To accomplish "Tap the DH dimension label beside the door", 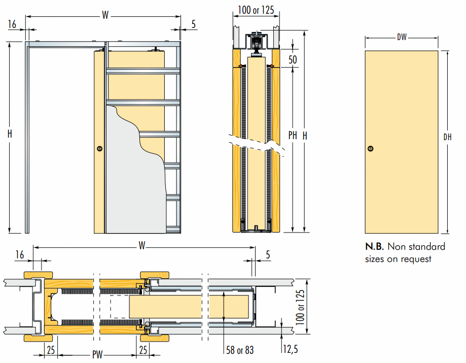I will [447, 137].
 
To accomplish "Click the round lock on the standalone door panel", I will [371, 149].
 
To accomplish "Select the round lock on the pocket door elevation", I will [99, 149].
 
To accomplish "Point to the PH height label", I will [293, 136].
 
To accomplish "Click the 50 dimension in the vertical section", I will [292, 59].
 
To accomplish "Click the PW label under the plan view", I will [97, 354].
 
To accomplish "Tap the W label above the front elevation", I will [105, 15].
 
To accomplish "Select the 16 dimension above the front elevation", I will [13, 24].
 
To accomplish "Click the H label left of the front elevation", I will [10, 134].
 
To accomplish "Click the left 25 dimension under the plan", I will [51, 350].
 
